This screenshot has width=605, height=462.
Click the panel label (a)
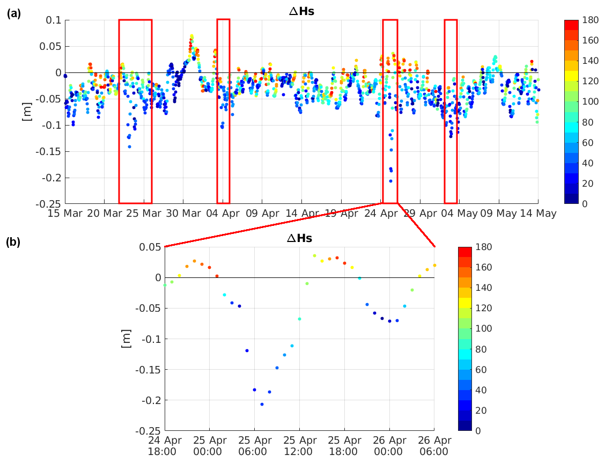(13, 14)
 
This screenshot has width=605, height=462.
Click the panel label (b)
(13, 242)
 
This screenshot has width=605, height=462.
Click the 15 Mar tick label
(66, 214)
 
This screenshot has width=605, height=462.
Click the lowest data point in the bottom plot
(262, 404)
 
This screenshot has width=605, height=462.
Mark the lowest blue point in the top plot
(390, 181)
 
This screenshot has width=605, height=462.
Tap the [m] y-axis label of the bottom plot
(126, 339)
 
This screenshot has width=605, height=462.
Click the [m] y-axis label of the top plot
(27, 111)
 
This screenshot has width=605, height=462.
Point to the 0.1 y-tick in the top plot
(54, 20)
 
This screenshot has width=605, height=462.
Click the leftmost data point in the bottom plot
(165, 285)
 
